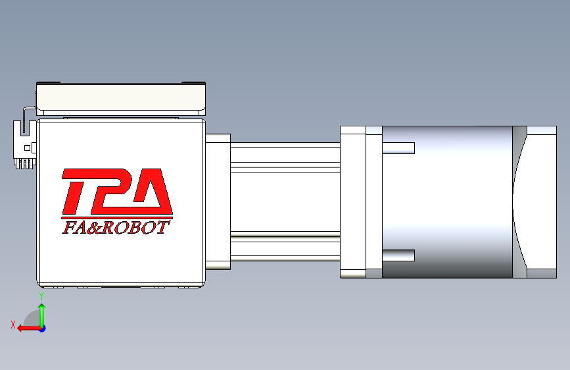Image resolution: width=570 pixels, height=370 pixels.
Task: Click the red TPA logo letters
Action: tap(117, 192)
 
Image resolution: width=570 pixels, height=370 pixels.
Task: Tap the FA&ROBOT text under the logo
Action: tap(116, 227)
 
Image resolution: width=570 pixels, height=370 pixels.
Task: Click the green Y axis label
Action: tap(41, 296)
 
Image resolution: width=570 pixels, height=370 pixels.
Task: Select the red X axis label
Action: tap(13, 325)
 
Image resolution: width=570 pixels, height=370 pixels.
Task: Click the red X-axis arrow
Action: tap(29, 329)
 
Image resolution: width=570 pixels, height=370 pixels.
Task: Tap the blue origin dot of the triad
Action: tap(43, 329)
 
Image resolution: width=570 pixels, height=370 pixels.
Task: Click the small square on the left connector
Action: tap(27, 148)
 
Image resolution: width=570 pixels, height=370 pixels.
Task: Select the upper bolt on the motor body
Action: tap(398, 148)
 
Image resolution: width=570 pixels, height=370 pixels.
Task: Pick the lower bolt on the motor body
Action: tap(398, 255)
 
